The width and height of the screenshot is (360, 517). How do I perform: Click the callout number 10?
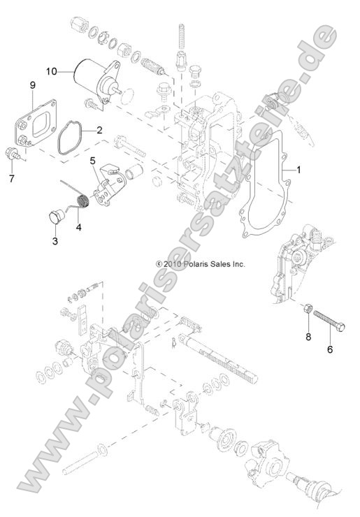(x=53, y=71)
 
